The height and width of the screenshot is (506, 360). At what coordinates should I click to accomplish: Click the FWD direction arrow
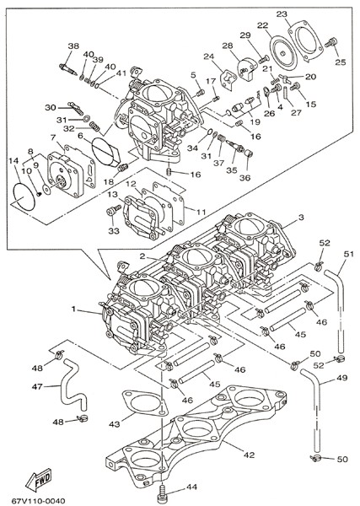(39, 479)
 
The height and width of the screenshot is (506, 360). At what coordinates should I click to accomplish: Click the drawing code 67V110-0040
(39, 500)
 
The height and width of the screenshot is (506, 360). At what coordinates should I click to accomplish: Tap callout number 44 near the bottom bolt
(191, 487)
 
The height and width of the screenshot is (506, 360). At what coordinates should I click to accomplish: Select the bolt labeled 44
(163, 492)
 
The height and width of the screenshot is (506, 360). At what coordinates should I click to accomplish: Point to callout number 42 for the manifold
(249, 455)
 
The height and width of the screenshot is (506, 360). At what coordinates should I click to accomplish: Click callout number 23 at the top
(282, 13)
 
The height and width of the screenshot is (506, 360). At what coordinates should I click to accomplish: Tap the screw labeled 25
(331, 42)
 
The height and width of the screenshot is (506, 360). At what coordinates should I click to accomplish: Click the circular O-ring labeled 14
(24, 196)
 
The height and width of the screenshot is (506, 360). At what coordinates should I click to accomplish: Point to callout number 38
(73, 46)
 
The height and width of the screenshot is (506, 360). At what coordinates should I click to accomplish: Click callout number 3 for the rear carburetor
(301, 218)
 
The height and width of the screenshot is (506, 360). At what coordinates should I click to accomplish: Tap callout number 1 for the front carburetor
(73, 309)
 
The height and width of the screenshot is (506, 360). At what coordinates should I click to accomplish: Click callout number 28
(228, 46)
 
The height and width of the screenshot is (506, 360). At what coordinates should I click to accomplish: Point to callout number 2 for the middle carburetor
(142, 256)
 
